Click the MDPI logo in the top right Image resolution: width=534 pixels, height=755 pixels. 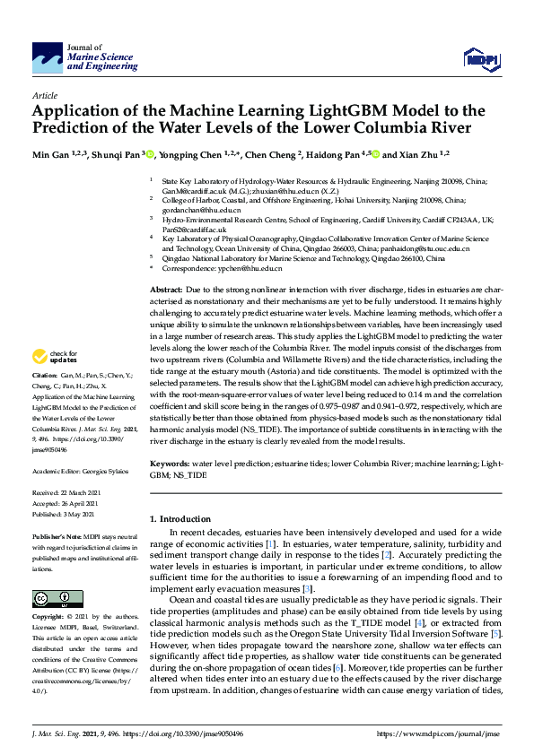coord(477,59)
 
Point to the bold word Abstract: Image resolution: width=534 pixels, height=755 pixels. coord(166,291)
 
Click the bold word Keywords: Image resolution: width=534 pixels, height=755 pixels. coord(170,464)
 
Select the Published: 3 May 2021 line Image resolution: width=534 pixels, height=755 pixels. coord(63,515)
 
